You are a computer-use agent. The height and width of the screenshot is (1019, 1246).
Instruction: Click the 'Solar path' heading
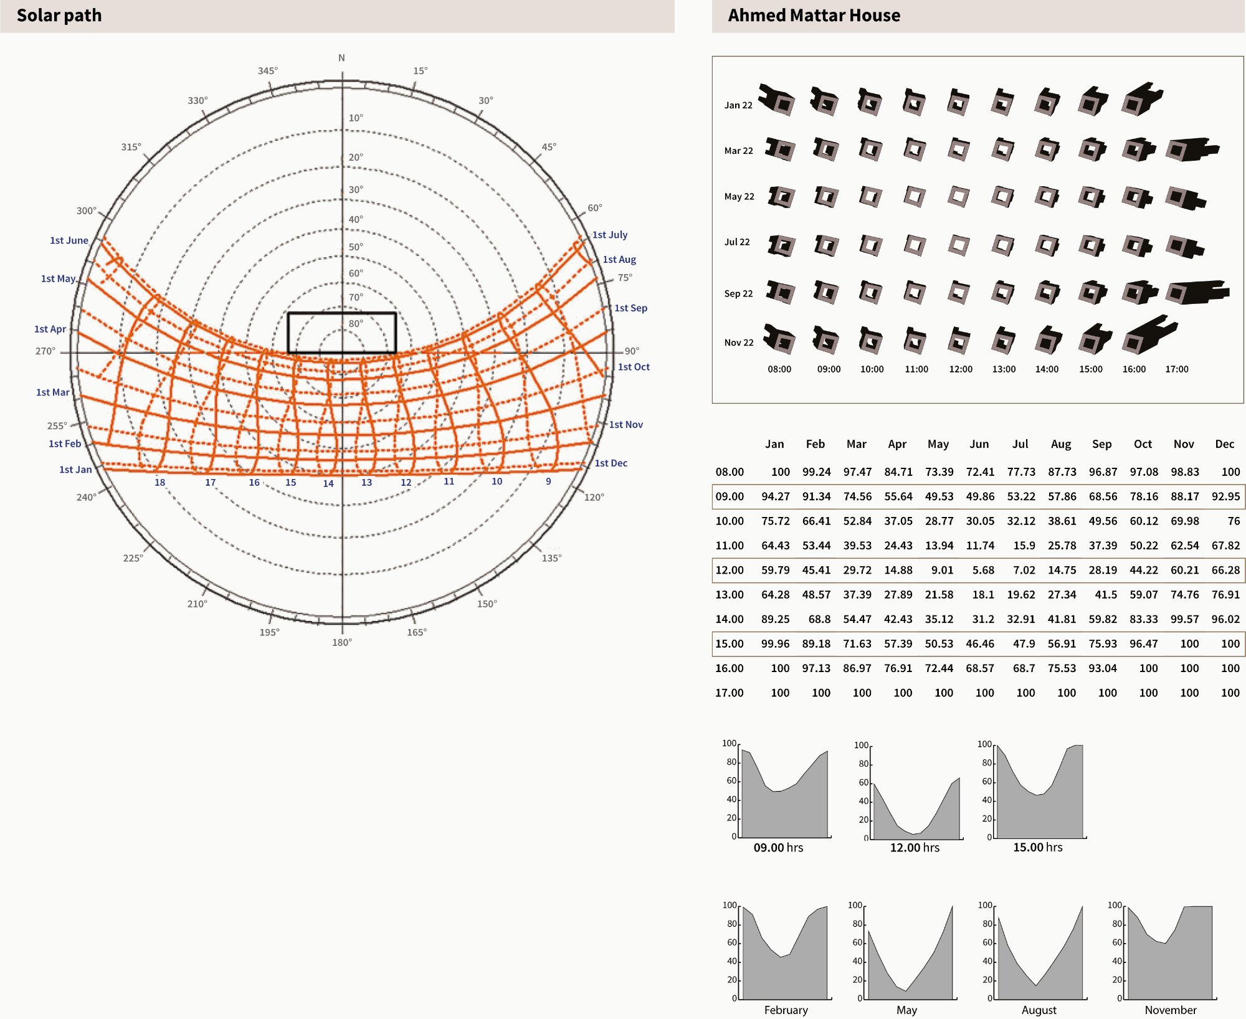59,16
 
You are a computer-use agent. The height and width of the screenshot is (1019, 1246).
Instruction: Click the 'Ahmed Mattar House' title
814,16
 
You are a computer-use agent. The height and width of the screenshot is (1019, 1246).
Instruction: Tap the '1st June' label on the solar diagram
69,240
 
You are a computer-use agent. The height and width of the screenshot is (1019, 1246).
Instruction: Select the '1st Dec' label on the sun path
611,463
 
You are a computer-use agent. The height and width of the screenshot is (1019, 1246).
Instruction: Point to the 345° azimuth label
268,71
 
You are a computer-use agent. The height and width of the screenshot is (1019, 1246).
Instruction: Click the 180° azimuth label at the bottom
342,642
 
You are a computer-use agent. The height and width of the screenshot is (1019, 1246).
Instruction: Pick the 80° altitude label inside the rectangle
356,324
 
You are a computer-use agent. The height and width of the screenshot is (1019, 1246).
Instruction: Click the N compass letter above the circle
341,58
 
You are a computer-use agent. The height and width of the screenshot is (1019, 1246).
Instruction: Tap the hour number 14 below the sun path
328,483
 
